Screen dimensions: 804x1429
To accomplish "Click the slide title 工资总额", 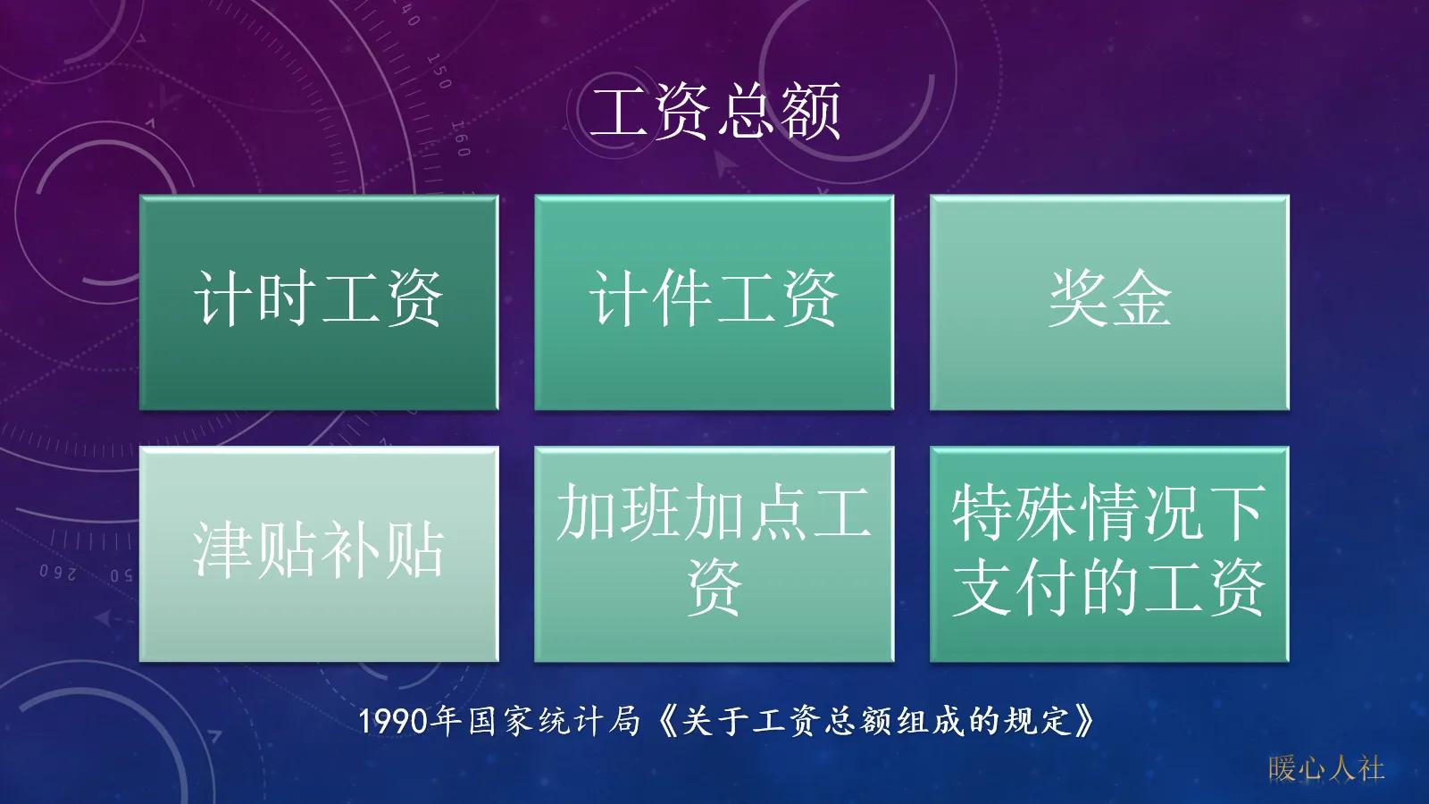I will coord(714,112).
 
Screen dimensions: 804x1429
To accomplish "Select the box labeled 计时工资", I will coord(319,302).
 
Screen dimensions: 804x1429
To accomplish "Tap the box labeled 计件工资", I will coord(714,302).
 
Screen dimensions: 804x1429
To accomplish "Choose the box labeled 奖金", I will coord(1109,302).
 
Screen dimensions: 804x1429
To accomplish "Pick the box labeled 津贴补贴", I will coord(319,554).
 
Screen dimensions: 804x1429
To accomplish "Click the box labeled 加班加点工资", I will coord(714,554).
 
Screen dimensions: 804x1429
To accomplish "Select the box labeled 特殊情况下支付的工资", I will coord(1109,554).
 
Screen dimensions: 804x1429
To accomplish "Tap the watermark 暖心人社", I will coord(1325,768).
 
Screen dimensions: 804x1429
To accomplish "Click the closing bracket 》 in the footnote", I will coord(1084,720).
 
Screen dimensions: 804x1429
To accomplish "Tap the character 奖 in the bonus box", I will coord(1078,299).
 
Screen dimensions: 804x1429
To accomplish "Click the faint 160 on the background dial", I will coord(459,138).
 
